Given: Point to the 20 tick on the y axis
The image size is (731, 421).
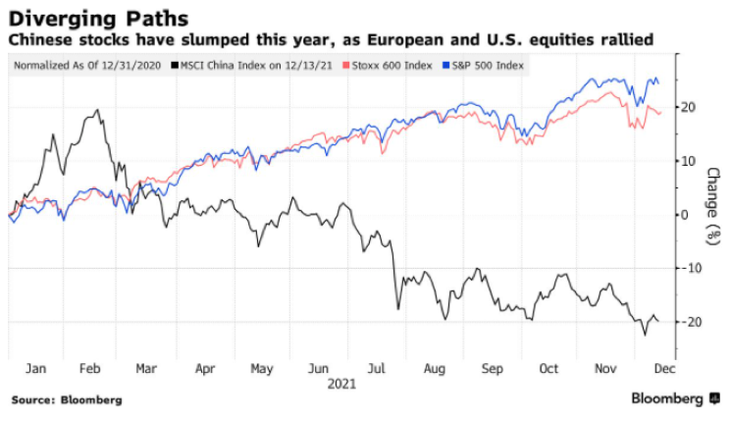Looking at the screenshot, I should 689,107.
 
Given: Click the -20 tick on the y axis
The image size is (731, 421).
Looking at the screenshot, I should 691,322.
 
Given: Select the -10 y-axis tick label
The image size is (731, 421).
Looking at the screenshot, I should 691,268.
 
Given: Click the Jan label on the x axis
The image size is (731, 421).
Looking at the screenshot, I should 35,369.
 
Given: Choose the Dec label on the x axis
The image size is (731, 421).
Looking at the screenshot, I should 663,369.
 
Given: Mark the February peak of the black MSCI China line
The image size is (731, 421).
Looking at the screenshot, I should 97,110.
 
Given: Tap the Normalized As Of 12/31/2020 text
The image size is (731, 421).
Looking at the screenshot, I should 86,65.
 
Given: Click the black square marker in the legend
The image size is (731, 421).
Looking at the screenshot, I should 174,65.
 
